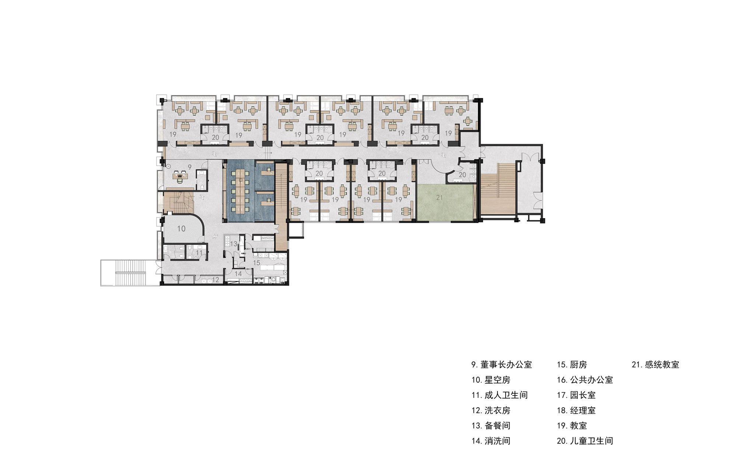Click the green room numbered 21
coord(444,203)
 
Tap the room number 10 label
coord(181,229)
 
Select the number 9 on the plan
coord(190,167)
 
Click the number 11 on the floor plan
coord(199,253)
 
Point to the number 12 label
coord(216,280)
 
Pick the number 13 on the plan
coord(234,244)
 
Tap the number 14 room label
coord(238,273)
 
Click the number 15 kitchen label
coord(256,263)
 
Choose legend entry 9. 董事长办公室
coord(502,365)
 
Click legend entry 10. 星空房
coord(491,380)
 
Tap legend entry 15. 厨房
coord(572,365)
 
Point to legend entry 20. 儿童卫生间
coord(585,441)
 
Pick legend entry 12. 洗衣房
coord(491,411)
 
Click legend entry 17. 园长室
coord(576,395)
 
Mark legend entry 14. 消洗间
coord(491,441)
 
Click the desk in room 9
coord(180,176)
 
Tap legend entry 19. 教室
coord(572,426)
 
